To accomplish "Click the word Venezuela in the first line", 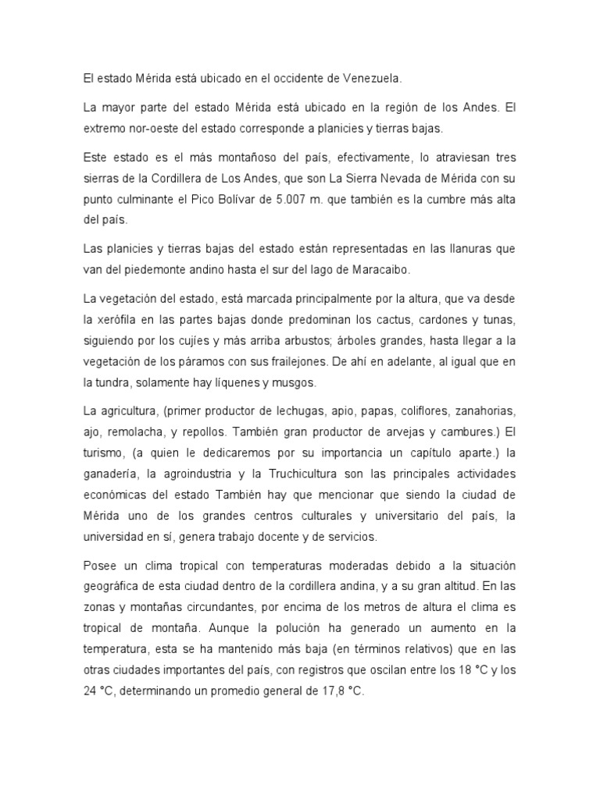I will pos(370,79).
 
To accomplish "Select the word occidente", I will pos(287,79).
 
